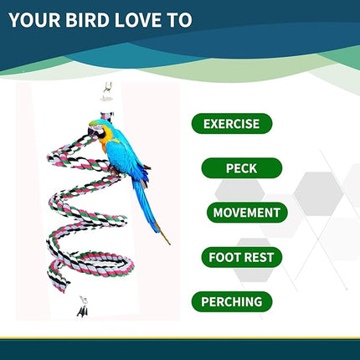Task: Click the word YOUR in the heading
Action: tap(36, 19)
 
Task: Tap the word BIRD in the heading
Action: tap(88, 19)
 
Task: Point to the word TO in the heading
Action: tap(178, 19)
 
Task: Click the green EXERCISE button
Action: tap(232, 124)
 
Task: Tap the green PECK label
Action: tap(240, 168)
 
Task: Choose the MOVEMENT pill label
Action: tap(247, 213)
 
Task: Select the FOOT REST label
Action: tap(240, 257)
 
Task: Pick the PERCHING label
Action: tap(231, 301)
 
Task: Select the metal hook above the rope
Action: tap(107, 88)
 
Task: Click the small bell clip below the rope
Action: tap(82, 307)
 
